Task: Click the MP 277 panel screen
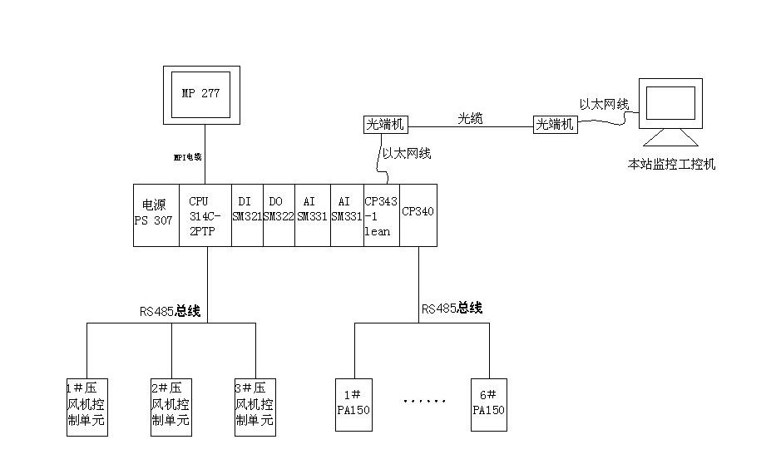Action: pos(200,94)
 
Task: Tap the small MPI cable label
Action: pos(188,156)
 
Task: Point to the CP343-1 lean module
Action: pos(381,215)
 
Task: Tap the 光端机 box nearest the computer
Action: pos(555,125)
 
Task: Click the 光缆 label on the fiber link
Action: pos(469,118)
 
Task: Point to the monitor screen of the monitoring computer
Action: pos(670,104)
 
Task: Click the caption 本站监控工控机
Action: pos(671,164)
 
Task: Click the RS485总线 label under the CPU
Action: pos(170,312)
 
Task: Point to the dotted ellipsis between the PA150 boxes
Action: pos(424,401)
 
